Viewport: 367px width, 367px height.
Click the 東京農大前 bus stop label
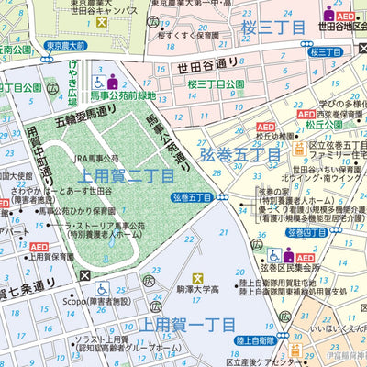pyautogui.click(x=66, y=45)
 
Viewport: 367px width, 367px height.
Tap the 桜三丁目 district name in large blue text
pyautogui.click(x=272, y=29)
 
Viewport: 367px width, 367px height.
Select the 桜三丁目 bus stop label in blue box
pyautogui.click(x=326, y=52)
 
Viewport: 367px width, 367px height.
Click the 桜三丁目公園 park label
pyautogui.click(x=216, y=84)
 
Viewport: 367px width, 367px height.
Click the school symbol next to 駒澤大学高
pyautogui.click(x=197, y=278)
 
